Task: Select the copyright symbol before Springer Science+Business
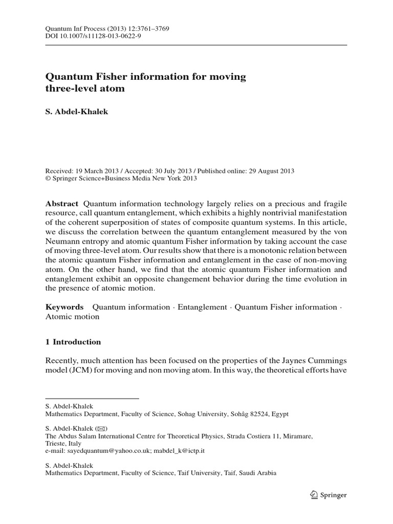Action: (x=48, y=179)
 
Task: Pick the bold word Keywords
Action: (x=64, y=307)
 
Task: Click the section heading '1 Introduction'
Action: (x=73, y=342)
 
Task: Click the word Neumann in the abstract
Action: (x=62, y=241)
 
